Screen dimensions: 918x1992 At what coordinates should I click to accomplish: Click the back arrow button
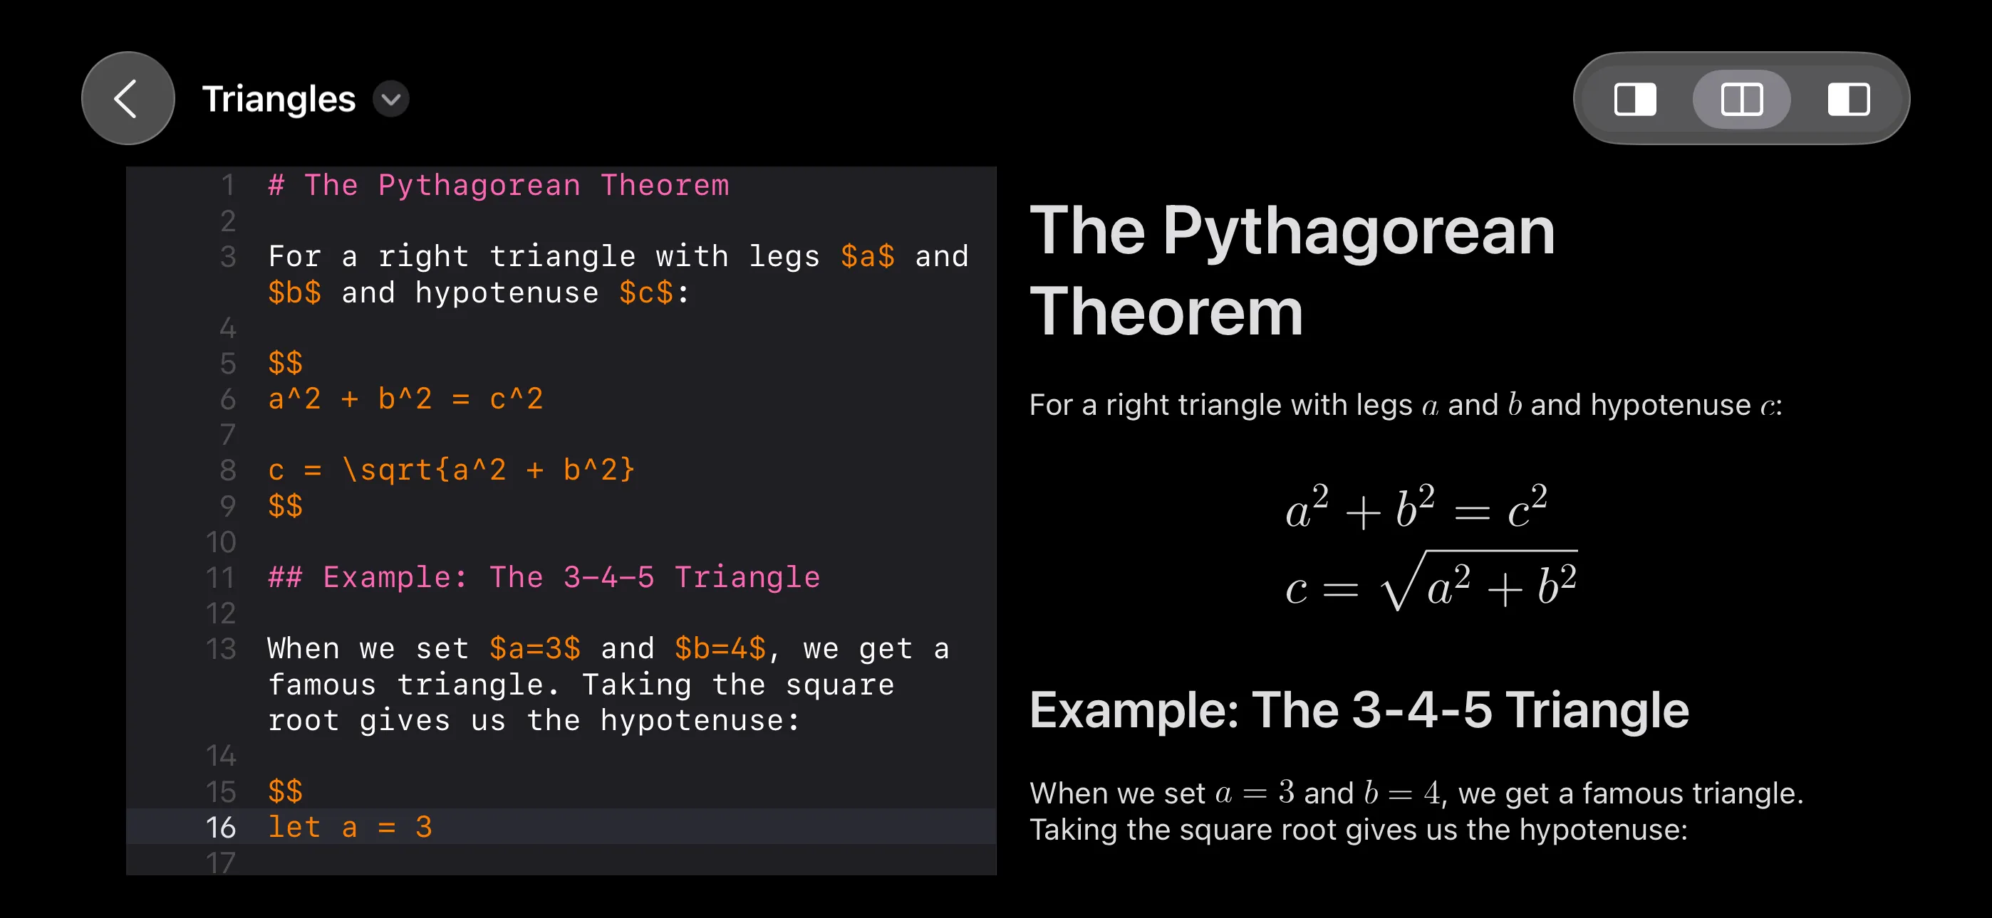[128, 98]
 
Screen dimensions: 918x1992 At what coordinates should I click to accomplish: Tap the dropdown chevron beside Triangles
[391, 99]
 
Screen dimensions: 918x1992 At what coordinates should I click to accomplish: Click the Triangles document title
[279, 99]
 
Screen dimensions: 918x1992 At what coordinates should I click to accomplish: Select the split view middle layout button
[1741, 99]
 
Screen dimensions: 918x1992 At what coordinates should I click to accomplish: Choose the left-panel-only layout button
[1635, 99]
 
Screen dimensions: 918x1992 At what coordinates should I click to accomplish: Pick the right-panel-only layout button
[1848, 99]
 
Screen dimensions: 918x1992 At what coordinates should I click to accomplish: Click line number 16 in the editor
[221, 827]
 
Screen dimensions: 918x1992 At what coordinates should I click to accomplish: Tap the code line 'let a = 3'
[350, 827]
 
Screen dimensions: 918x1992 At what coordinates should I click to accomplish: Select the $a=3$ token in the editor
[534, 648]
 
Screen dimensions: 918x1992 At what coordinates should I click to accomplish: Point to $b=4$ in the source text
[720, 648]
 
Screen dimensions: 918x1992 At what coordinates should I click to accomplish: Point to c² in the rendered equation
[1527, 507]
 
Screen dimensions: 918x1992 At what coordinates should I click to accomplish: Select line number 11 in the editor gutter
[220, 577]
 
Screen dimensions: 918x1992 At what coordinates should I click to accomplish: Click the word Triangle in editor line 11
[747, 577]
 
